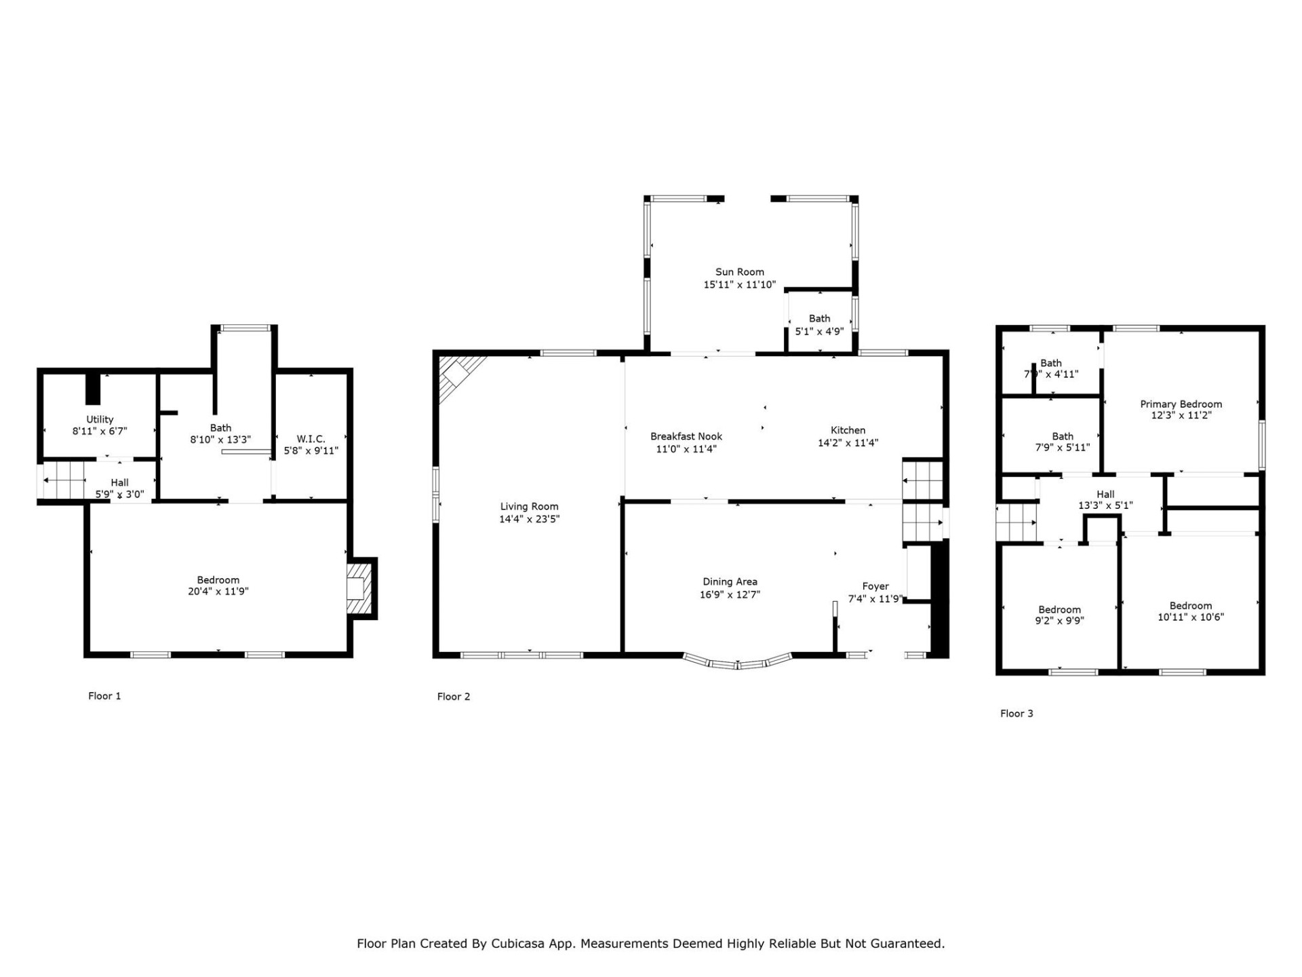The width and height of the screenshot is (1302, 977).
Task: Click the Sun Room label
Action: pos(739,272)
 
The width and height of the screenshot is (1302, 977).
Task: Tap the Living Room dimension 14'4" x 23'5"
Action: pos(529,519)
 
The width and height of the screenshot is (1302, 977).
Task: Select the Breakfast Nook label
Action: pos(686,436)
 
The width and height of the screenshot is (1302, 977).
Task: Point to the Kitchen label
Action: pos(848,430)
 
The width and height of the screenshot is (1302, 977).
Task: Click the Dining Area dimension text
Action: pos(730,594)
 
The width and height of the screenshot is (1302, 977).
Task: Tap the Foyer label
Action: pos(875,586)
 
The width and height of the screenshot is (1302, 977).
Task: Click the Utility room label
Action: pos(100,419)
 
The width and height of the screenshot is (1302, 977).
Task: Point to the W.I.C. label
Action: pos(311,439)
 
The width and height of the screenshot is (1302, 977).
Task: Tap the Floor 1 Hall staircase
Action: pos(65,481)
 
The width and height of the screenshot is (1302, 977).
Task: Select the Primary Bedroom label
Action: pos(1181,404)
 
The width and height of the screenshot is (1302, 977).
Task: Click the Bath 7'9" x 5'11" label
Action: pos(1063,436)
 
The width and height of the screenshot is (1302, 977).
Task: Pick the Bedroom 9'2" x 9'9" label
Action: pos(1059,609)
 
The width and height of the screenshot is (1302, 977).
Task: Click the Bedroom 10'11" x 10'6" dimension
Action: pos(1190,617)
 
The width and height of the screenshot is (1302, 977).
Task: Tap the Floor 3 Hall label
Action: pos(1105,494)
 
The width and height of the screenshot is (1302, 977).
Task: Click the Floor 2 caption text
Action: pos(453,696)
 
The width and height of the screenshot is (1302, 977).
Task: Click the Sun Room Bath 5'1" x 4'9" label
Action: pos(819,318)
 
